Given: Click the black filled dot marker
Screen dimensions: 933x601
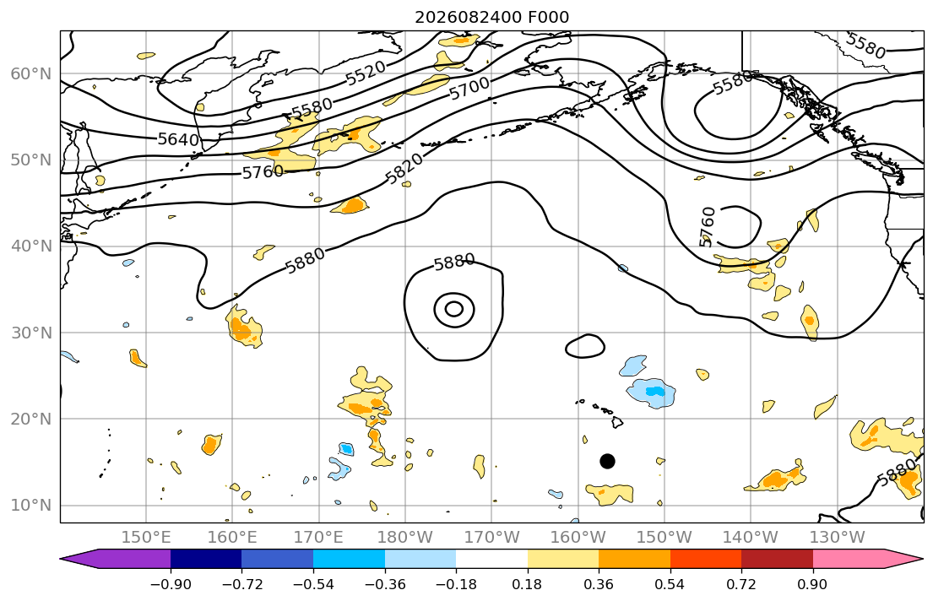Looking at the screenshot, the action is pyautogui.click(x=607, y=461).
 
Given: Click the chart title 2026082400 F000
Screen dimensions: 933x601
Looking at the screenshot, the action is pyautogui.click(x=491, y=17).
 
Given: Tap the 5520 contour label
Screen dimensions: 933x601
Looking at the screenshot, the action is pyautogui.click(x=366, y=73).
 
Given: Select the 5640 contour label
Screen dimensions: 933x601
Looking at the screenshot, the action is pyautogui.click(x=178, y=140).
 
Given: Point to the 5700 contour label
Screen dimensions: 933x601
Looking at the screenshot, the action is pyautogui.click(x=469, y=89).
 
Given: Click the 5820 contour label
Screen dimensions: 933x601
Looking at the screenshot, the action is pyautogui.click(x=404, y=169).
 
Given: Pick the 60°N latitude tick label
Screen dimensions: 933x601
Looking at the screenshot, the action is pyautogui.click(x=31, y=73).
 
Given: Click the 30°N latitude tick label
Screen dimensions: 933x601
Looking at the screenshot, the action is pyautogui.click(x=31, y=333).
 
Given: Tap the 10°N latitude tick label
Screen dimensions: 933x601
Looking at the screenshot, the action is pyautogui.click(x=31, y=506).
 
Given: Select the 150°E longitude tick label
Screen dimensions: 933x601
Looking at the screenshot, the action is pyautogui.click(x=146, y=538).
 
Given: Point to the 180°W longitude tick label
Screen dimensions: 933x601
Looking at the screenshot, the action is pyautogui.click(x=405, y=538).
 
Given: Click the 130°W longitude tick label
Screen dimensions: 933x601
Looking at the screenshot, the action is pyautogui.click(x=838, y=538).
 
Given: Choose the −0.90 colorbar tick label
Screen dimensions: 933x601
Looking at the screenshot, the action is pyautogui.click(x=171, y=584).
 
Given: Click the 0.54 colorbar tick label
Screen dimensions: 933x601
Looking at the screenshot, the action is pyautogui.click(x=670, y=584).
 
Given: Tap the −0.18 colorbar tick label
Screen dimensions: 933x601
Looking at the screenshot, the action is pyautogui.click(x=457, y=584).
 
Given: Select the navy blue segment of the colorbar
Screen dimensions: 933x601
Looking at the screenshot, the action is pyautogui.click(x=206, y=559).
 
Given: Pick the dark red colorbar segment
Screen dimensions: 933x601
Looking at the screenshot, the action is pyautogui.click(x=777, y=559).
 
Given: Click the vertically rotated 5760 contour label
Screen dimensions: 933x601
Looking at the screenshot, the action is pyautogui.click(x=707, y=227).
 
